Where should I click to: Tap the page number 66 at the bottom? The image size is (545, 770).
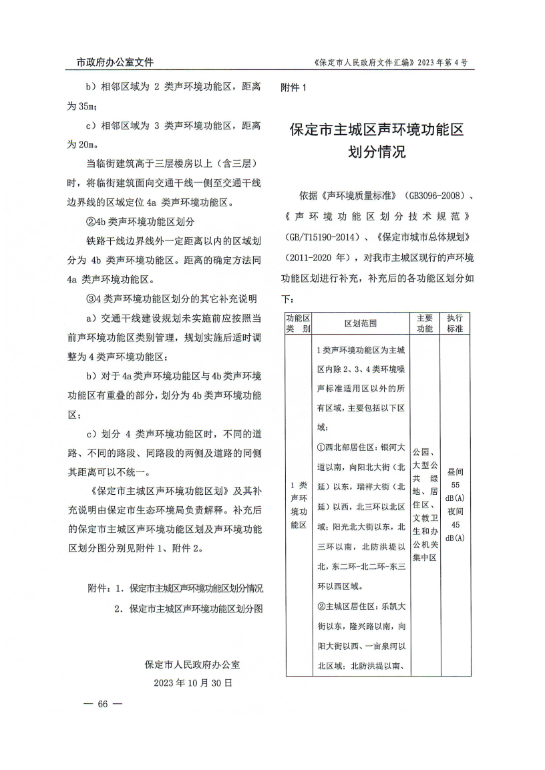click(102, 704)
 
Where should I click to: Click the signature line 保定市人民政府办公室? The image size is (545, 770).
click(193, 665)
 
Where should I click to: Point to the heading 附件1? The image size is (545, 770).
click(295, 87)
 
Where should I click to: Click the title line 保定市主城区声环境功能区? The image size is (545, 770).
click(376, 130)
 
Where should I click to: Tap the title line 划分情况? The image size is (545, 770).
click(377, 152)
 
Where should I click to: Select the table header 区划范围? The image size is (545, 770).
click(361, 323)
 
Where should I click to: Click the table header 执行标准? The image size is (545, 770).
click(454, 323)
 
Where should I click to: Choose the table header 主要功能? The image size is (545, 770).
click(425, 323)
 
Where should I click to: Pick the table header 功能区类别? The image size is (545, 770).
click(299, 323)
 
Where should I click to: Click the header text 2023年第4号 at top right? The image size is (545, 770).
click(442, 63)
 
